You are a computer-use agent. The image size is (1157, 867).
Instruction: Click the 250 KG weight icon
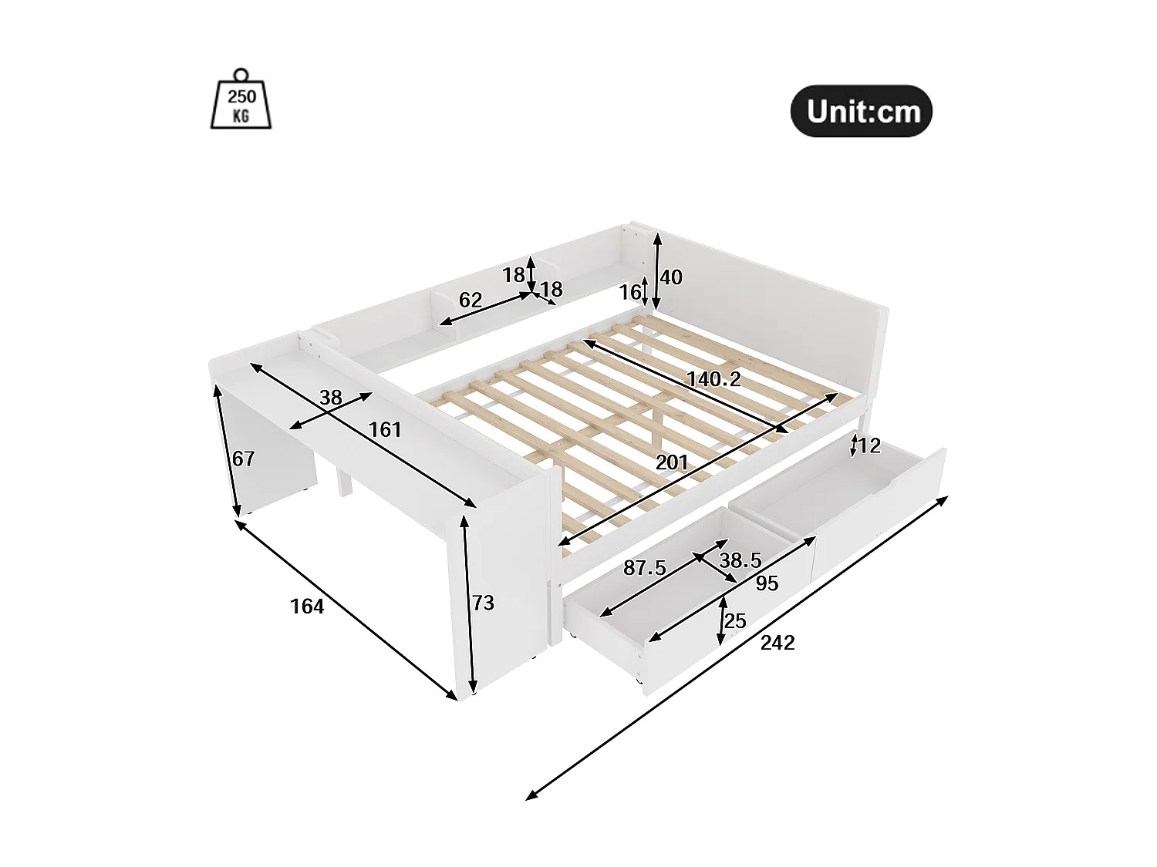[x=241, y=99]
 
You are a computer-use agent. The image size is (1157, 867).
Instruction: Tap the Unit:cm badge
[x=862, y=111]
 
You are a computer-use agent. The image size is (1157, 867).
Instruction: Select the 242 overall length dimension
[x=777, y=643]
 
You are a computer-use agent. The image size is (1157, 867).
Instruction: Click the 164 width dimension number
[x=307, y=607]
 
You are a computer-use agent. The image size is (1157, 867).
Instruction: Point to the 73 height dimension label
[x=484, y=603]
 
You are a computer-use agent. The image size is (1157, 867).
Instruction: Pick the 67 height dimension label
[x=243, y=459]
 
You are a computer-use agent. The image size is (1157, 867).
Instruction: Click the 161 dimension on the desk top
[x=385, y=429]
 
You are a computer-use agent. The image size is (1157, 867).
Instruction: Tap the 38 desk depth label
[x=330, y=398]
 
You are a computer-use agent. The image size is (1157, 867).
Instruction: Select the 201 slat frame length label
[x=671, y=462]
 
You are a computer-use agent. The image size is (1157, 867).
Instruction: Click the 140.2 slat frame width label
[x=713, y=379]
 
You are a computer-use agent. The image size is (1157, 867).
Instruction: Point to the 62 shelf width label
[x=470, y=299]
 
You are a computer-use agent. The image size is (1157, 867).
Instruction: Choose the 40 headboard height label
[x=671, y=277]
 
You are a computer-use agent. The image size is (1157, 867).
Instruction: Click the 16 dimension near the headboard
[x=629, y=292]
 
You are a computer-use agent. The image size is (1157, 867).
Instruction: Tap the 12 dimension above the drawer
[x=869, y=446]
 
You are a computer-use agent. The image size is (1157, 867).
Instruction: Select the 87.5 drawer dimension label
[x=644, y=568]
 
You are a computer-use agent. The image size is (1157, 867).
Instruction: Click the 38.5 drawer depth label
[x=740, y=560]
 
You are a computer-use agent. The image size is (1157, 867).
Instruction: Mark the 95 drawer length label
[x=767, y=583]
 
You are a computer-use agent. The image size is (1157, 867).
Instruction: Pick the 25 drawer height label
[x=736, y=620]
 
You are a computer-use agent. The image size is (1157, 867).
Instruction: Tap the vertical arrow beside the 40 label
[x=656, y=272]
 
